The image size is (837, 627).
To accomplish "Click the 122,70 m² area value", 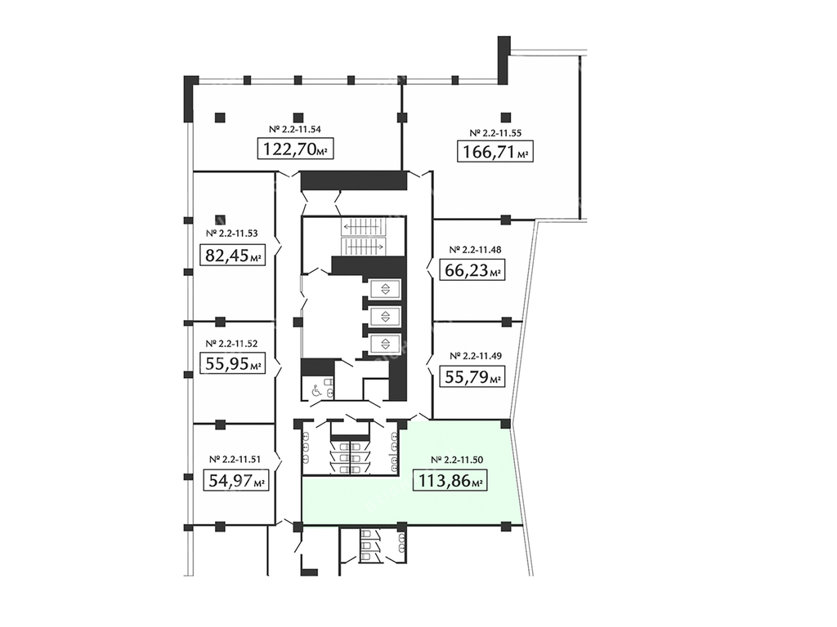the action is point(296,149).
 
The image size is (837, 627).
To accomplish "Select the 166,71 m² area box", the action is point(495,151).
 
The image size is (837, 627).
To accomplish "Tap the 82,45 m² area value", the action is point(232,256).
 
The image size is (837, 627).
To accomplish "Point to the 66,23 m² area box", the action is point(472,269).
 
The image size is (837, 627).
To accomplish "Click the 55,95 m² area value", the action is point(232,363).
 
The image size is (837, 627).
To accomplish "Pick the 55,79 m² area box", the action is point(472,377).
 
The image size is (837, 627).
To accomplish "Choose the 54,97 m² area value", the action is point(235,481).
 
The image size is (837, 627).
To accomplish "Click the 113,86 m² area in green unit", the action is point(450,481).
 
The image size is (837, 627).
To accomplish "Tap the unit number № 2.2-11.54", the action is point(295,129).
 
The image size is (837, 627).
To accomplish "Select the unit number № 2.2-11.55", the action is point(495,133).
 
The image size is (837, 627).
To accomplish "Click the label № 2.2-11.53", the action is point(231,233).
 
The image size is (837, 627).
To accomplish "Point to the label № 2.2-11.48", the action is point(475,249).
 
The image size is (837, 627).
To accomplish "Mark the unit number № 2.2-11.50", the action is point(457,460).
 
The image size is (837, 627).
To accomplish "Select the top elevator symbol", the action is point(385,290).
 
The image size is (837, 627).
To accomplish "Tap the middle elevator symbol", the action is point(385,316).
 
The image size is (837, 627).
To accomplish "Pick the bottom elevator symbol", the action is point(385,343).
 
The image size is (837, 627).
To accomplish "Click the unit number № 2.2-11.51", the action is point(235,459).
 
